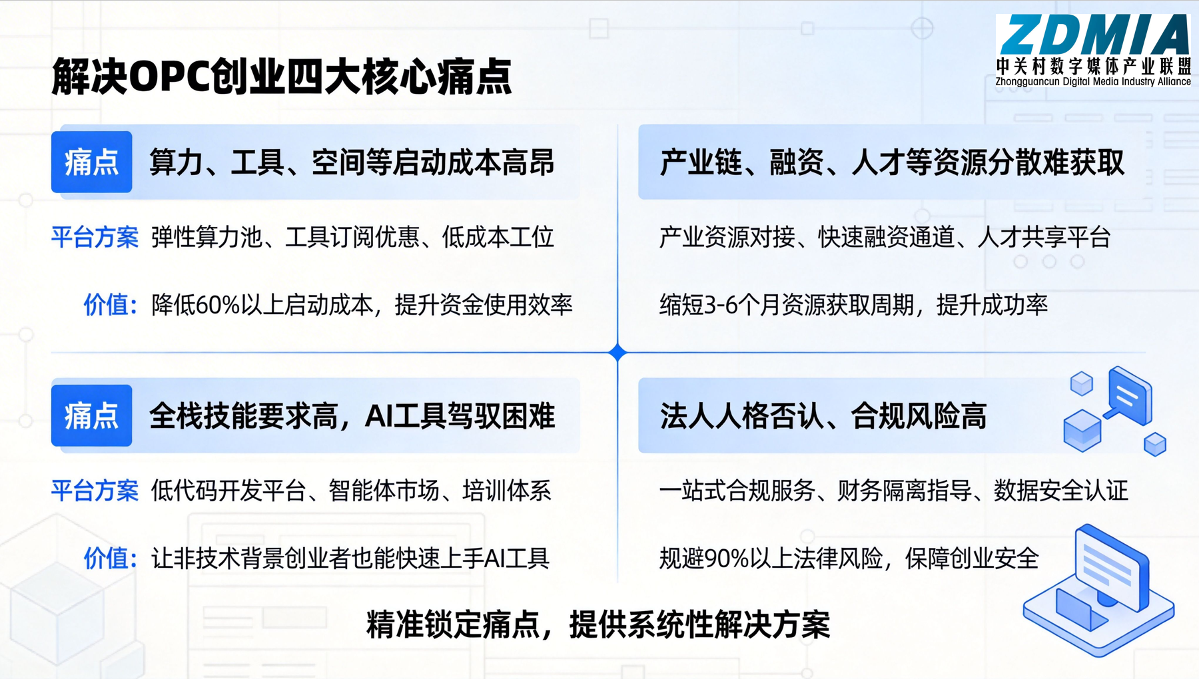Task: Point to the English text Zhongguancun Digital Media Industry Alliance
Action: coord(1093,82)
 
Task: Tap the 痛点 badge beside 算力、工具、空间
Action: coord(92,162)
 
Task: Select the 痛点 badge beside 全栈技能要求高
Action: coord(92,415)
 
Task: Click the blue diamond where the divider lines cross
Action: coord(617,352)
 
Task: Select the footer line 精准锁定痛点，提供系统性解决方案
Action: coord(598,624)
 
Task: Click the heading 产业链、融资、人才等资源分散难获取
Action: coord(892,162)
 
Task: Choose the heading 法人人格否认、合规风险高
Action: coord(823,416)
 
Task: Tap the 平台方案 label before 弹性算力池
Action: coord(95,237)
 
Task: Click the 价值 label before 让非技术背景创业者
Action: coord(110,559)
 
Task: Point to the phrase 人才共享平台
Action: coord(1044,237)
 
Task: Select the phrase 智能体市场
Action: coord(384,491)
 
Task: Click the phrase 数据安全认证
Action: coord(1061,491)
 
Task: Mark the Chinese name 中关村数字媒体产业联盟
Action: coord(1093,66)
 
